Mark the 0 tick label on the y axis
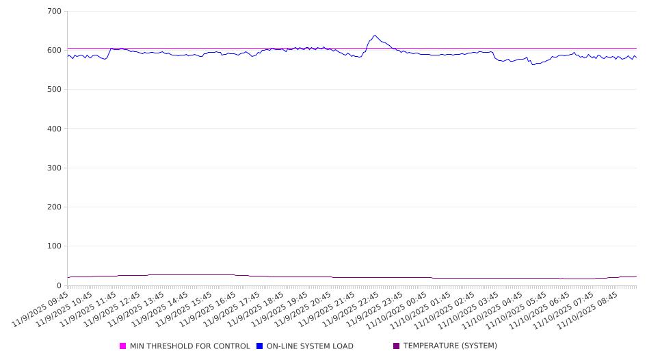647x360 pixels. [x=59, y=285]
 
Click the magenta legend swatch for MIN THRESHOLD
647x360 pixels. [x=123, y=346]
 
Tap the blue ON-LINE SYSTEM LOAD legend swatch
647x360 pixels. [x=260, y=346]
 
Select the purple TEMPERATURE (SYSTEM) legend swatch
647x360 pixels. [x=397, y=346]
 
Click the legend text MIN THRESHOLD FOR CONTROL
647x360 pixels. [x=189, y=346]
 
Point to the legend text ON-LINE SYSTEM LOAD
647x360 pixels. [x=310, y=346]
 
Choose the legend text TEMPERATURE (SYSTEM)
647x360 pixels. [x=450, y=346]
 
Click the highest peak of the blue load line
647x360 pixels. [x=375, y=36]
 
